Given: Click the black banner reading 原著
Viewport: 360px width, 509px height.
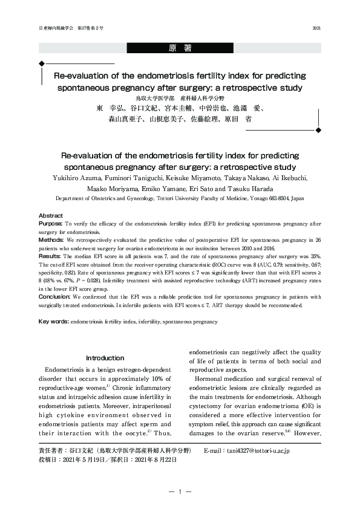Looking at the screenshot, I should point(180,48).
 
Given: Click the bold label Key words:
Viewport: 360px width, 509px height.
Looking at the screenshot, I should point(53,322).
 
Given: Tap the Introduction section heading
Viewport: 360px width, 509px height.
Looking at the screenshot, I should point(105,358).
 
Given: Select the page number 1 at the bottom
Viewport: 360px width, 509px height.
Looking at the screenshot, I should point(180,492).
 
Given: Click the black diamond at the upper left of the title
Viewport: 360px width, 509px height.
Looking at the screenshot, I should point(41,63).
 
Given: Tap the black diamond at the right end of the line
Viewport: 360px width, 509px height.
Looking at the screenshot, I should point(318,130).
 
